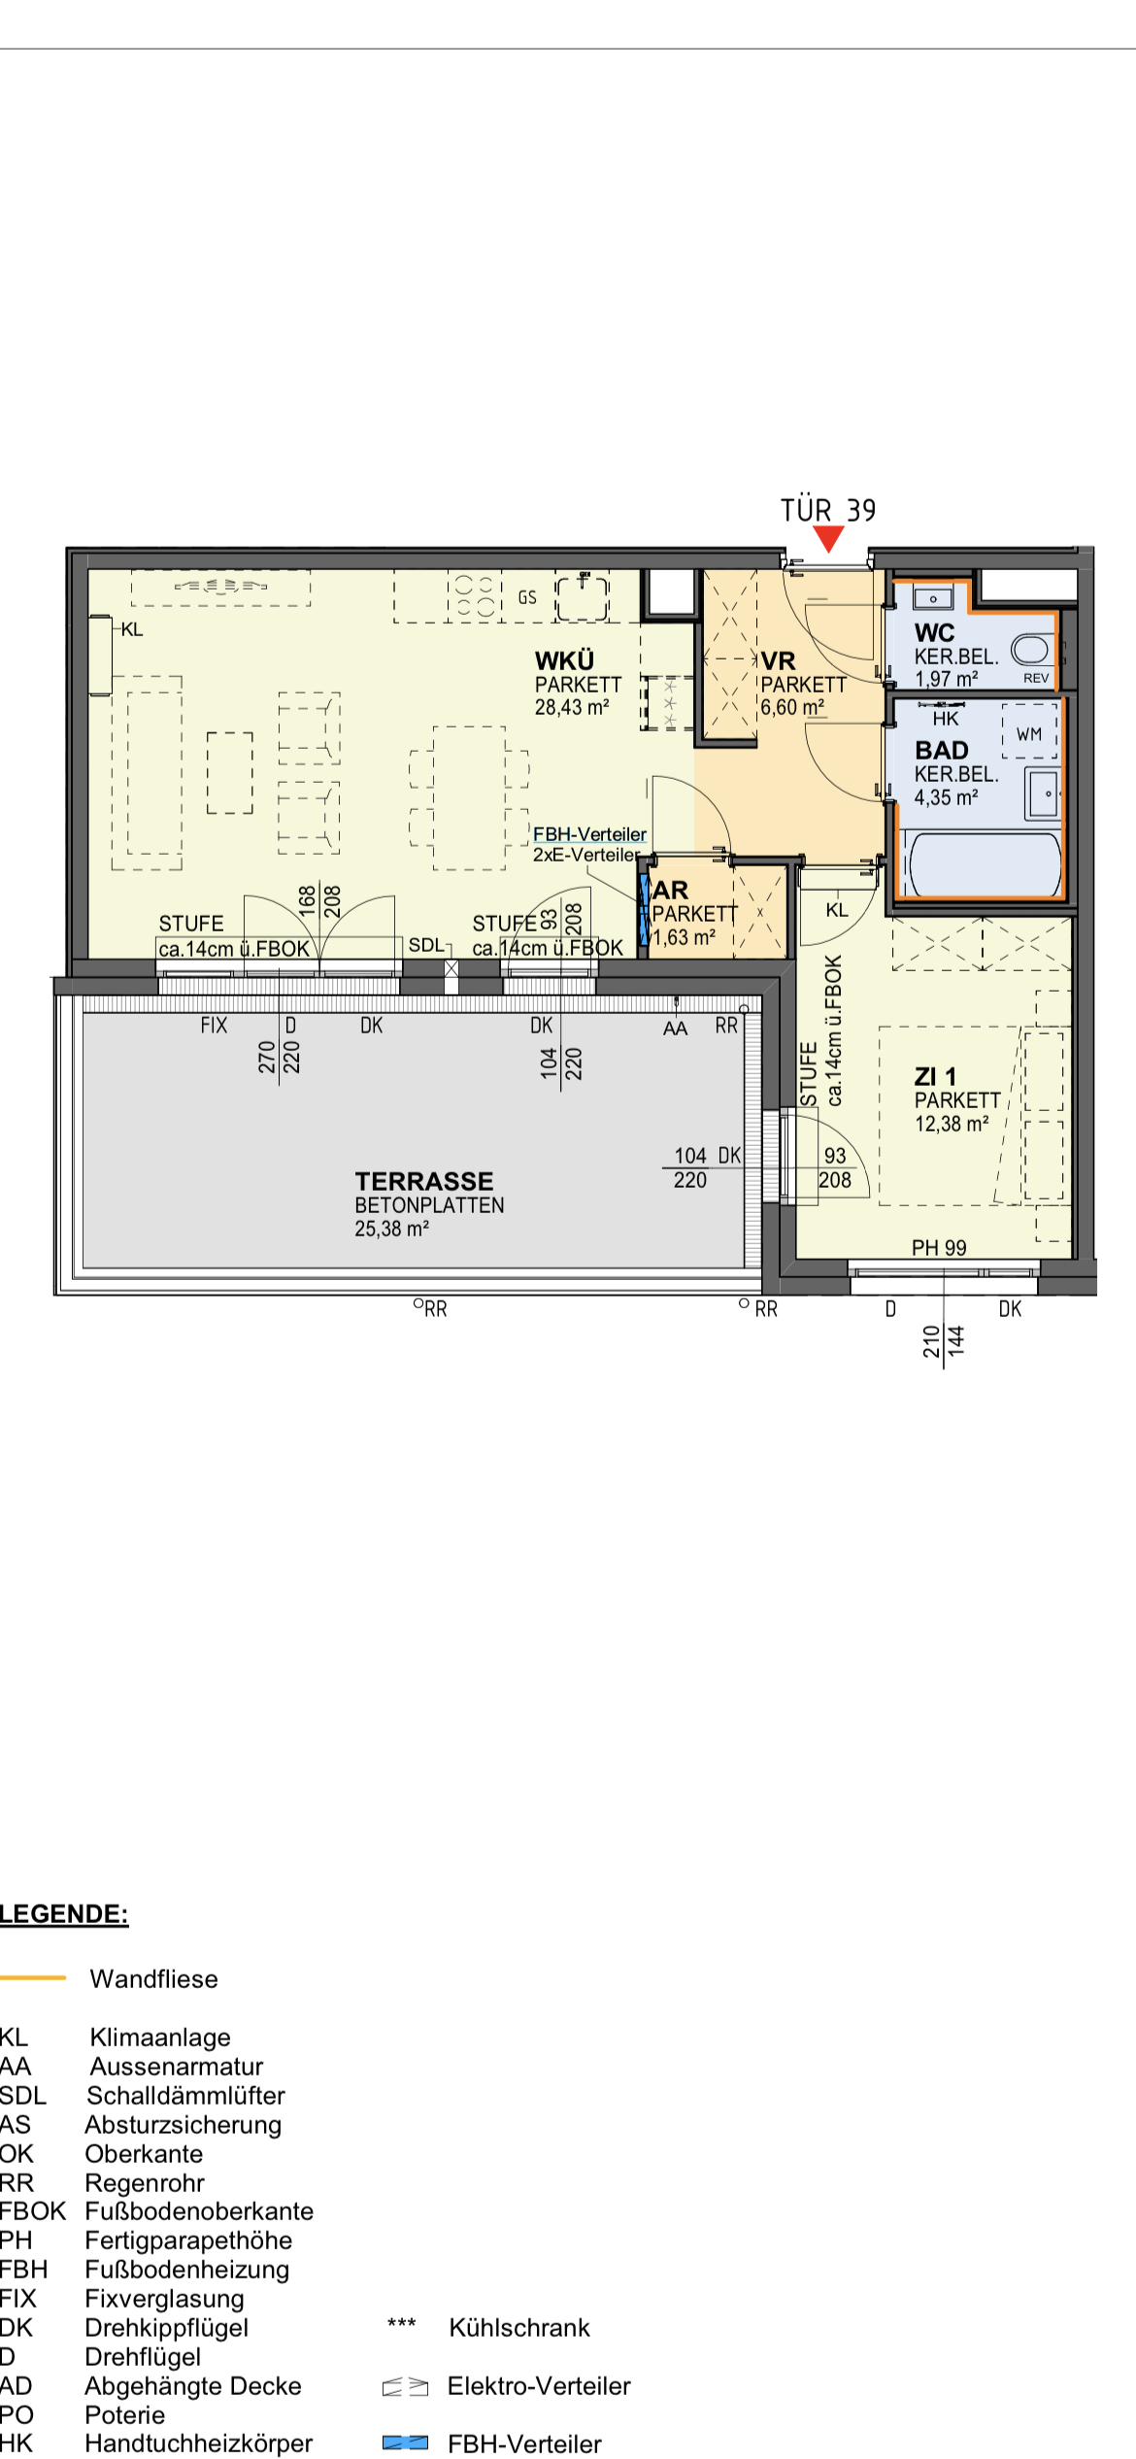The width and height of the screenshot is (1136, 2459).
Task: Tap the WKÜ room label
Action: [x=564, y=660]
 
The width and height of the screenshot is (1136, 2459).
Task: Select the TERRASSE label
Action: [x=424, y=1181]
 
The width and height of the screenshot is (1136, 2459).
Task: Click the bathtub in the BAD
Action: [x=981, y=863]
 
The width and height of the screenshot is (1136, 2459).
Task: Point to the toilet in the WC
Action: [x=1030, y=649]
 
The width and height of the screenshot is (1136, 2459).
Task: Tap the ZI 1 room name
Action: [x=935, y=1076]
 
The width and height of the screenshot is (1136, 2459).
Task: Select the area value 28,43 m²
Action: [x=572, y=707]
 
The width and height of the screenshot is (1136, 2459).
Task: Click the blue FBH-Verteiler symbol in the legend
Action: [x=405, y=2442]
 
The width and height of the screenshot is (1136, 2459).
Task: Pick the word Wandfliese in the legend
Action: [x=154, y=1978]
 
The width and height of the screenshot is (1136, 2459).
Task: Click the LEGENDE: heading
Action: [x=64, y=1913]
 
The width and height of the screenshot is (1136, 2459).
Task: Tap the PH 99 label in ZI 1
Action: [x=939, y=1247]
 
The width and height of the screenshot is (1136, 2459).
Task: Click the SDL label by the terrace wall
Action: [x=426, y=945]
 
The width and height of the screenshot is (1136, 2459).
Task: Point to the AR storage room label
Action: [x=670, y=890]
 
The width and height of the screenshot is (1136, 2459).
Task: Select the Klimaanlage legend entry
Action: [x=160, y=2037]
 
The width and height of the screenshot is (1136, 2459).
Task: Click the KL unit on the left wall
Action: [x=100, y=655]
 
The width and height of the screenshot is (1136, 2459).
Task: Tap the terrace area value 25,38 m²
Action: [x=391, y=1229]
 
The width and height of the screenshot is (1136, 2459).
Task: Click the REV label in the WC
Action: [x=1036, y=678]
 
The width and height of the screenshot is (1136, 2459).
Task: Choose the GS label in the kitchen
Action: [x=527, y=597]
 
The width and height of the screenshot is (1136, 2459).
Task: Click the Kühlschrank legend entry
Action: [x=519, y=2327]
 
